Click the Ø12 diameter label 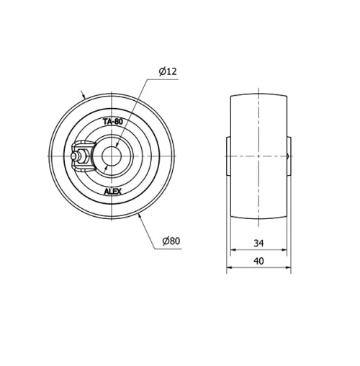168,71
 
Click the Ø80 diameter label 170,241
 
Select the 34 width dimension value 258,243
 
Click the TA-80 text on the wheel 112,122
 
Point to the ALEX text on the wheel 112,191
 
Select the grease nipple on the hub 77,156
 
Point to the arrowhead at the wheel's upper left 86,96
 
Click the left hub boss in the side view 228,156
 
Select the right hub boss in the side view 289,156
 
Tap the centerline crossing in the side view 258,156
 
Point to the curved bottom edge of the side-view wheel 258,217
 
